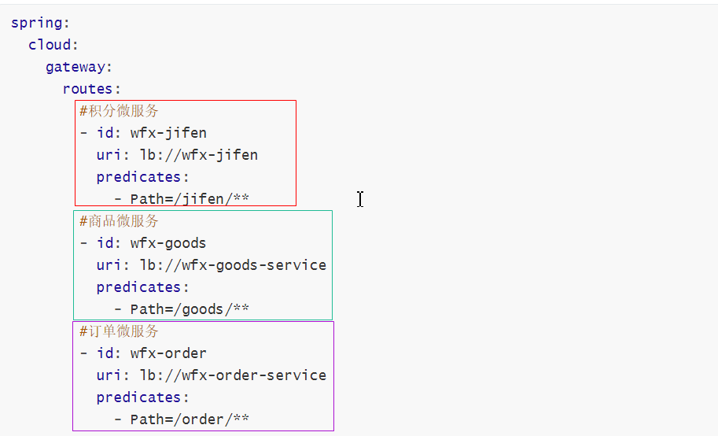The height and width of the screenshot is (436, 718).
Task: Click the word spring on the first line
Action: (x=37, y=24)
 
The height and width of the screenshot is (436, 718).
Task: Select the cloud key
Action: (x=50, y=45)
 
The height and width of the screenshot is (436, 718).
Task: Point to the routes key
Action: (x=87, y=88)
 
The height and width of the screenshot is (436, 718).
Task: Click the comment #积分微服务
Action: (x=119, y=111)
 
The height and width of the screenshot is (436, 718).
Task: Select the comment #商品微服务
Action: (x=119, y=221)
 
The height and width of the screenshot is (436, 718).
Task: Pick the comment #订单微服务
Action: (x=119, y=331)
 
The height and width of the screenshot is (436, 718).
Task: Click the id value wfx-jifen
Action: (x=168, y=133)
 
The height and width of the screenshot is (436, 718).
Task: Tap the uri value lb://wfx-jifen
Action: (x=199, y=155)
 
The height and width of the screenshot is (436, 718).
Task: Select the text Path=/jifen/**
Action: (x=190, y=199)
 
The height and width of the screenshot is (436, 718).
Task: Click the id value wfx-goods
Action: (x=168, y=243)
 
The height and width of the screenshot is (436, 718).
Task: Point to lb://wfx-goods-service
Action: (x=234, y=265)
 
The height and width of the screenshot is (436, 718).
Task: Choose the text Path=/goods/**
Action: (x=190, y=309)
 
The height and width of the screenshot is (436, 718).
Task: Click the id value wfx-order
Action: (x=168, y=353)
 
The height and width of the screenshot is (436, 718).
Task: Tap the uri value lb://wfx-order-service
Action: (x=234, y=375)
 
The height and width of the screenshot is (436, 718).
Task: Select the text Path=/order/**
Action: (x=190, y=419)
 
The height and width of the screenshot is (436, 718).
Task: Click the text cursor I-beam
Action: (x=360, y=199)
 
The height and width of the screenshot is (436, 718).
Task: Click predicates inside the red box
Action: (x=138, y=177)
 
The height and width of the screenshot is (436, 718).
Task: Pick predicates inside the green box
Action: (x=138, y=287)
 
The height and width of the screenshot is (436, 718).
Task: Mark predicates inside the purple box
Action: (x=138, y=397)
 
